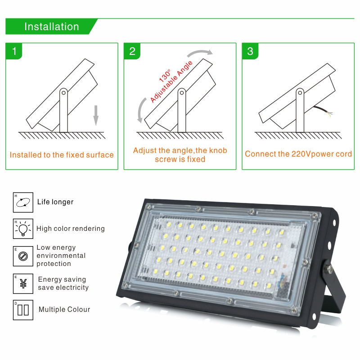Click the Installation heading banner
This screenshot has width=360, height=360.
pos(51,27)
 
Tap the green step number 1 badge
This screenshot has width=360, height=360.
pos(14,51)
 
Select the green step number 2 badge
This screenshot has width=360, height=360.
pos(132,51)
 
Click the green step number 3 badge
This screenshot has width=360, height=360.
pos(250,51)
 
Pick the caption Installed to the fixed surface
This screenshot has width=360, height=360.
pos(62,155)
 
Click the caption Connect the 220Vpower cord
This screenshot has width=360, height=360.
pos(298,154)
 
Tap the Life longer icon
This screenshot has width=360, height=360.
pos(22,202)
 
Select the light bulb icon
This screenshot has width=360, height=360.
pos(22,229)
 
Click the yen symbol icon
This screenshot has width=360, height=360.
pos(22,283)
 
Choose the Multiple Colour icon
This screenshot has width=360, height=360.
pos(22,310)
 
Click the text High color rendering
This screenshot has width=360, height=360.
pos(71,229)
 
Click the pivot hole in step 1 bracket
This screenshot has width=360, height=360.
pos(63,93)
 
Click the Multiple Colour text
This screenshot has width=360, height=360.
pos(64,310)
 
